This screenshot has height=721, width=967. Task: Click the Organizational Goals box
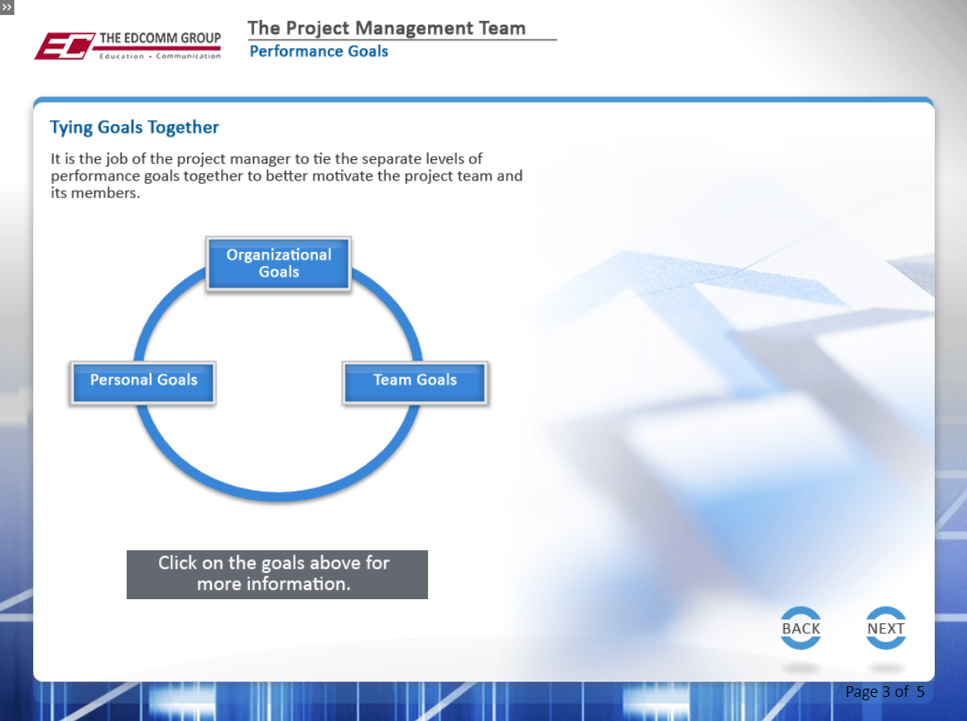(279, 264)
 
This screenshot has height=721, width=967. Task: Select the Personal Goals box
(143, 383)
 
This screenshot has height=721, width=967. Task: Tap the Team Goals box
(415, 383)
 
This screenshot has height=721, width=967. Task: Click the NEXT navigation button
(886, 628)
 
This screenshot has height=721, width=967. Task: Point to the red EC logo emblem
(64, 46)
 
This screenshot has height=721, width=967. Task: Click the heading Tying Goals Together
(134, 127)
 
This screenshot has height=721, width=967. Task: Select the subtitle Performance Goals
(319, 51)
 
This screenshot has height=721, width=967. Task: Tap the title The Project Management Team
(387, 28)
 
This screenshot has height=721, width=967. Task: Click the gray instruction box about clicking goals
(277, 574)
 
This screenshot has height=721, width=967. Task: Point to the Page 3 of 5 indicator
(885, 691)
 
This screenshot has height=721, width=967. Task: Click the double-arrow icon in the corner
(7, 7)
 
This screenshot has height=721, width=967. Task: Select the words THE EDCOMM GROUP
(161, 38)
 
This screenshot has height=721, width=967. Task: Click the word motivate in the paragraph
(342, 176)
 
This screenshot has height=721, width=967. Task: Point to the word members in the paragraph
(105, 193)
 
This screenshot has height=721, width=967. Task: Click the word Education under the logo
(122, 56)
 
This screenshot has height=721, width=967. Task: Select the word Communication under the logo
(188, 56)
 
